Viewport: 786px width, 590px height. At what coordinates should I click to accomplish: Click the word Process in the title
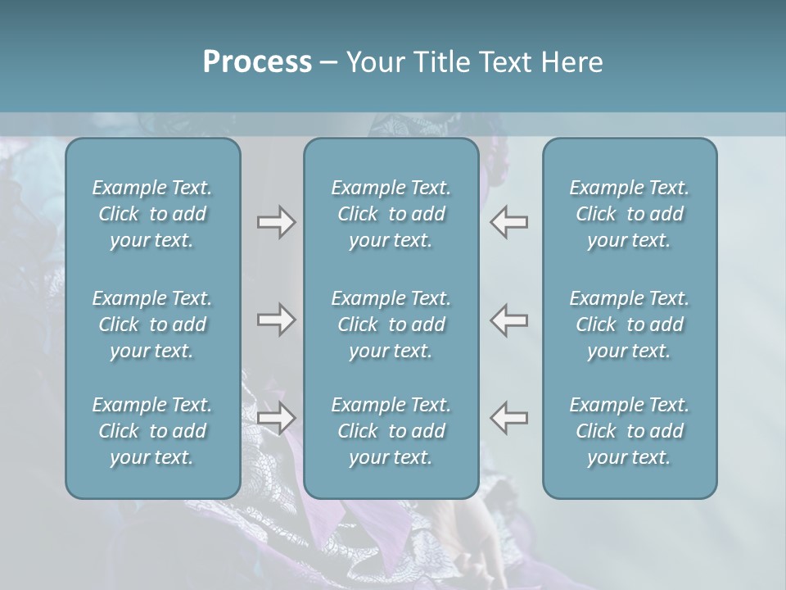point(257,61)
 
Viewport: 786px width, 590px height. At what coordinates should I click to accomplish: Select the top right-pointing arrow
point(276,222)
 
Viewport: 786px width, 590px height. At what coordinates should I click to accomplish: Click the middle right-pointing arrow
point(276,320)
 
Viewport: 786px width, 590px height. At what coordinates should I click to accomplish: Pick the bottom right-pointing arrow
point(276,418)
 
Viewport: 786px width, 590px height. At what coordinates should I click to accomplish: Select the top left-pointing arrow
point(508,222)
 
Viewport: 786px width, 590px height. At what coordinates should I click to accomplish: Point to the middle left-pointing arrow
point(508,320)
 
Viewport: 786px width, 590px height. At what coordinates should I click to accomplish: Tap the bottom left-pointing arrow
point(508,418)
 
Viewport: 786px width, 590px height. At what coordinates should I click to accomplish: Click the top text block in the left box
point(152,214)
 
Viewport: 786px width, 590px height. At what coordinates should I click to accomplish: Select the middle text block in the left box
point(152,324)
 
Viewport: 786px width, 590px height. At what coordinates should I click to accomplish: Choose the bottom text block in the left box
point(152,431)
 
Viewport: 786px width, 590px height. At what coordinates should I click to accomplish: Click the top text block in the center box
point(391,214)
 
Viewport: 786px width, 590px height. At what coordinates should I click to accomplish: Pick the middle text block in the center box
point(391,324)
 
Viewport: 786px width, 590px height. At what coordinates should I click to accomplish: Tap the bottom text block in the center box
point(391,431)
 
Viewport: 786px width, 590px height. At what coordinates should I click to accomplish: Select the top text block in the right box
point(630,214)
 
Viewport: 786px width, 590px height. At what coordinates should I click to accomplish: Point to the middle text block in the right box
point(630,324)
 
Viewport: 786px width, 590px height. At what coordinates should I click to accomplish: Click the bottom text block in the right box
point(630,431)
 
